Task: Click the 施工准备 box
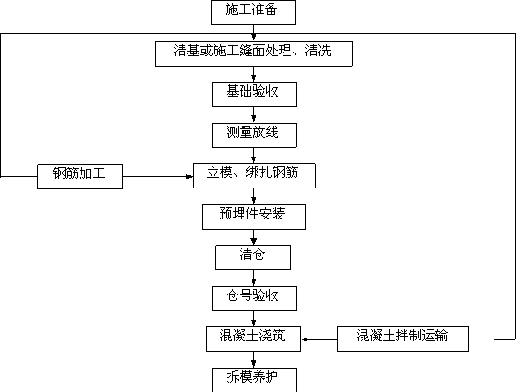pyautogui.click(x=253, y=12)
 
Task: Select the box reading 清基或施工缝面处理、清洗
pyautogui.click(x=254, y=53)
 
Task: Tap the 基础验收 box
pyautogui.click(x=254, y=94)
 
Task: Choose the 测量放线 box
pyautogui.click(x=254, y=135)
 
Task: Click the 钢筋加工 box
pyautogui.click(x=80, y=176)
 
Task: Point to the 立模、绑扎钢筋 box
pyautogui.click(x=254, y=176)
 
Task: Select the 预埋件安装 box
pyautogui.click(x=254, y=217)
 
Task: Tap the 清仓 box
pyautogui.click(x=253, y=257)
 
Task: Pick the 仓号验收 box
pyautogui.click(x=254, y=298)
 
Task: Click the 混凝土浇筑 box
pyautogui.click(x=253, y=339)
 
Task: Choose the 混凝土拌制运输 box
pyautogui.click(x=403, y=339)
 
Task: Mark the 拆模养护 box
pyautogui.click(x=254, y=380)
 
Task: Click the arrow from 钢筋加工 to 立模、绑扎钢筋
pyautogui.click(x=157, y=177)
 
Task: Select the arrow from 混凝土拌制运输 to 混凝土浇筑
pyautogui.click(x=319, y=339)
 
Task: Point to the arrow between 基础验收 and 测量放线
pyautogui.click(x=254, y=114)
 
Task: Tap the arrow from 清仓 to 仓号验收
pyautogui.click(x=254, y=278)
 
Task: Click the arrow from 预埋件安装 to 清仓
pyautogui.click(x=254, y=237)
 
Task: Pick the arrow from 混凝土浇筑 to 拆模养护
pyautogui.click(x=254, y=359)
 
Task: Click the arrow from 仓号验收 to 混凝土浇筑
pyautogui.click(x=254, y=319)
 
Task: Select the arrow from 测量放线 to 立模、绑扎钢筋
pyautogui.click(x=254, y=156)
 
